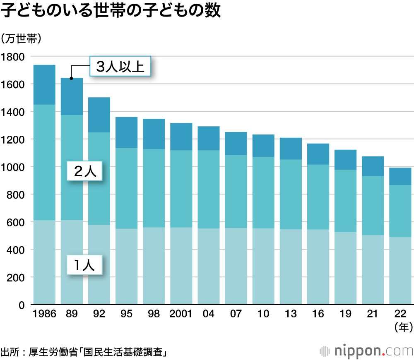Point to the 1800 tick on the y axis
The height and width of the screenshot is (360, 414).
(x=13, y=57)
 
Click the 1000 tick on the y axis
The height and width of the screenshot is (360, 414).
(x=13, y=167)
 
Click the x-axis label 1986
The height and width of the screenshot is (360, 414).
(x=44, y=314)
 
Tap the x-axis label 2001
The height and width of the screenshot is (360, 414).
(x=181, y=314)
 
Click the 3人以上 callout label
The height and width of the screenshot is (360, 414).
(x=120, y=67)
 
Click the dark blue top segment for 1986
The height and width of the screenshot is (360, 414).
(x=44, y=85)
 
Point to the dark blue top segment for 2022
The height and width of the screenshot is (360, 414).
(x=400, y=176)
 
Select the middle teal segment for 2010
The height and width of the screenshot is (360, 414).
(x=263, y=192)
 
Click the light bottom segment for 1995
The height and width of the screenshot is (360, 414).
(x=126, y=266)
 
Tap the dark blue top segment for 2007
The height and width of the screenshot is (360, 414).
(x=236, y=144)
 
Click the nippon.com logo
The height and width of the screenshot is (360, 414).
(x=366, y=351)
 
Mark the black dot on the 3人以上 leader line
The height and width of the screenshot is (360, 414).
(x=71, y=78)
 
